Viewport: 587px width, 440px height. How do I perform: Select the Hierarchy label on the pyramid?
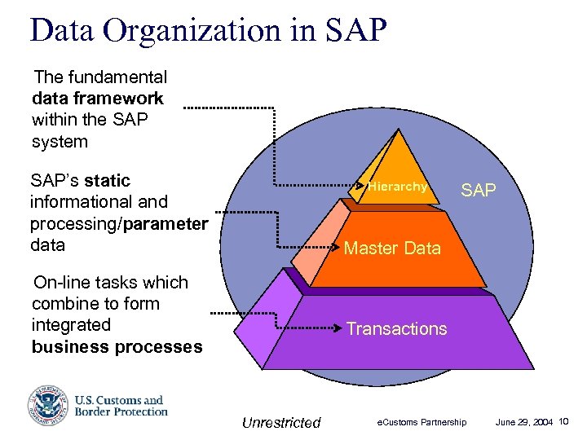click(397, 187)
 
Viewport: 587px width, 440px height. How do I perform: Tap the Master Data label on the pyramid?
click(392, 249)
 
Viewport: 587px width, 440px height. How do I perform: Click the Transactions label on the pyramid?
click(396, 328)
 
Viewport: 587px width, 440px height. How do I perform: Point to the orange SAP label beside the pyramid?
click(479, 191)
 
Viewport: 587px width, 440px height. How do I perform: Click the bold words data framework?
click(98, 99)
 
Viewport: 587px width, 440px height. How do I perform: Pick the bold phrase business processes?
click(117, 346)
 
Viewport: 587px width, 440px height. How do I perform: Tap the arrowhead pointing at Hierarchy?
click(364, 187)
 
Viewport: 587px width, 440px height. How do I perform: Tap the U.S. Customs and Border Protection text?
click(121, 406)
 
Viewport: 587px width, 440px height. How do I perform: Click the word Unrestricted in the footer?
click(281, 422)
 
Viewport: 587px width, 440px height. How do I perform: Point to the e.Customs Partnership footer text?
click(421, 422)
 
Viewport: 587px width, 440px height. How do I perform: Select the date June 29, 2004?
click(525, 422)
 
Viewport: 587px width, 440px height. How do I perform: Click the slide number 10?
click(565, 421)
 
